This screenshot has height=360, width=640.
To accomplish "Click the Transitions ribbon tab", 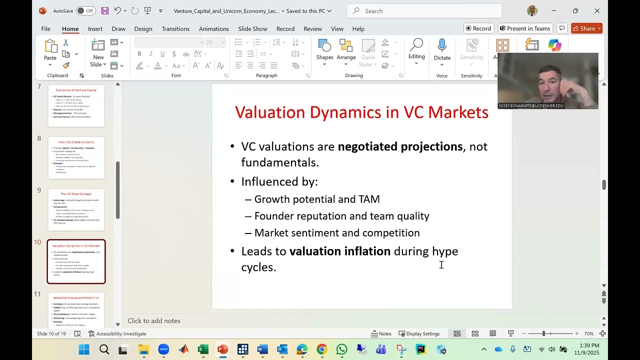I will point(175,29).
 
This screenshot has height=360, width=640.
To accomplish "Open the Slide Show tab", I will point(252,29).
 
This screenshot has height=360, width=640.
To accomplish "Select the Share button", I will point(586,28).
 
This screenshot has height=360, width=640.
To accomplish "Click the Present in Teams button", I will point(525,28).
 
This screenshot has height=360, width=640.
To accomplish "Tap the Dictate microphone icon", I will point(442,46).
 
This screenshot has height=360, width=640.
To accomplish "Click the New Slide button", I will point(98,52).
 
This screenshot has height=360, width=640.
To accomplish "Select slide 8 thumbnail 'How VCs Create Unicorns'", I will point(76,158).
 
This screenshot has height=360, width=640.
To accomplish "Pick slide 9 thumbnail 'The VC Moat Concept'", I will point(76,209).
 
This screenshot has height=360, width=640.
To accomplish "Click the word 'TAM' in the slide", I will point(369,199).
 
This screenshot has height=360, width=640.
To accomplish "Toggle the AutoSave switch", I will point(86,11).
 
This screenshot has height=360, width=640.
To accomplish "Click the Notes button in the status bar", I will point(381,334).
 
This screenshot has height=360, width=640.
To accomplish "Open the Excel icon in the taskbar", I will point(203,349).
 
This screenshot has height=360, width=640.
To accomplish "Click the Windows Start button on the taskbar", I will point(84,349).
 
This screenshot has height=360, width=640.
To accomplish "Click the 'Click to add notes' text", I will point(154,321).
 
